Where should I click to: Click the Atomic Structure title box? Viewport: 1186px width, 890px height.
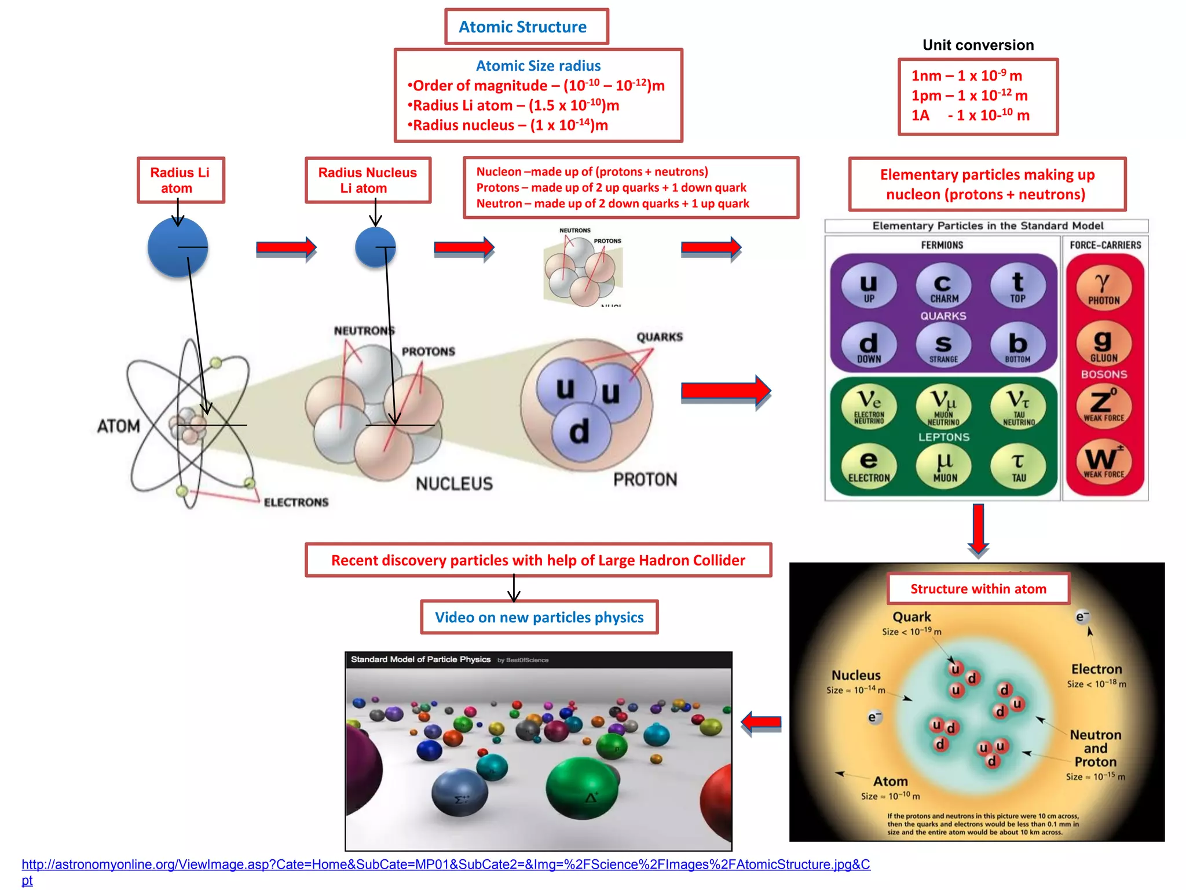pyautogui.click(x=526, y=27)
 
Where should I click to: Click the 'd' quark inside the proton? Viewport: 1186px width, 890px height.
pyautogui.click(x=580, y=432)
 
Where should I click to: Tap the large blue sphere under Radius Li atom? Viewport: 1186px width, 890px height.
pyautogui.click(x=178, y=247)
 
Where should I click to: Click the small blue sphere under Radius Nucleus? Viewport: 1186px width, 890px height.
pyautogui.click(x=375, y=247)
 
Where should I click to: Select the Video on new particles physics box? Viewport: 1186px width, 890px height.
pyautogui.click(x=539, y=617)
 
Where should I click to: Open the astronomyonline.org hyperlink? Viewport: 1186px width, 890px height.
pyautogui.click(x=445, y=865)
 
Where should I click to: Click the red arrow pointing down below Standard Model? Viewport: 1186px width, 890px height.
pyautogui.click(x=978, y=529)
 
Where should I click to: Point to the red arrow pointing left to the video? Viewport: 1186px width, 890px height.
pyautogui.click(x=762, y=723)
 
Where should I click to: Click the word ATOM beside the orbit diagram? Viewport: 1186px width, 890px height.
pyautogui.click(x=119, y=426)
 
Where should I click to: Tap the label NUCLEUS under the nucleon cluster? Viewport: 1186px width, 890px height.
pyautogui.click(x=454, y=484)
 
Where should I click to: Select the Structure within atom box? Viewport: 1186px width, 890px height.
pyautogui.click(x=978, y=589)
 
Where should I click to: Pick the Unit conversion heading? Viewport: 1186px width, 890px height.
pyautogui.click(x=978, y=45)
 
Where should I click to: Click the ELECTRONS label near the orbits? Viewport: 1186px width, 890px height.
pyautogui.click(x=296, y=502)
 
